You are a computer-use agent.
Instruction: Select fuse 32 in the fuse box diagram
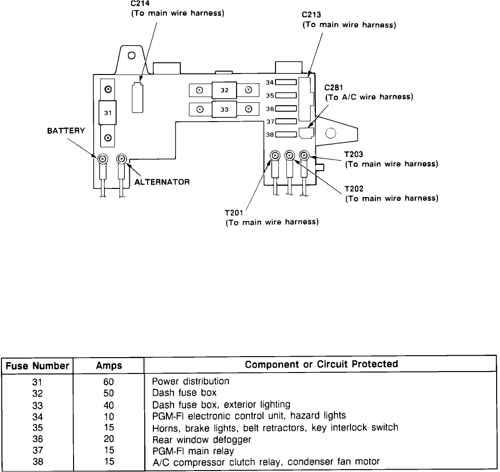point(224,89)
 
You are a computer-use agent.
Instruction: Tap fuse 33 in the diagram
point(224,109)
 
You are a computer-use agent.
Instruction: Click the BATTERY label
point(66,130)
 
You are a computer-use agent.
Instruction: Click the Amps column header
point(109,365)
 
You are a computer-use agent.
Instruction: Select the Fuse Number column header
point(37,365)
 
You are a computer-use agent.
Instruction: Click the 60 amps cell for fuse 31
point(108,381)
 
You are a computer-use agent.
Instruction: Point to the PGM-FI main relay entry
point(193,450)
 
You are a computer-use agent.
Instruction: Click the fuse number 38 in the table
point(37,461)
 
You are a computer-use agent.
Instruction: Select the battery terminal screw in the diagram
point(102,159)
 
